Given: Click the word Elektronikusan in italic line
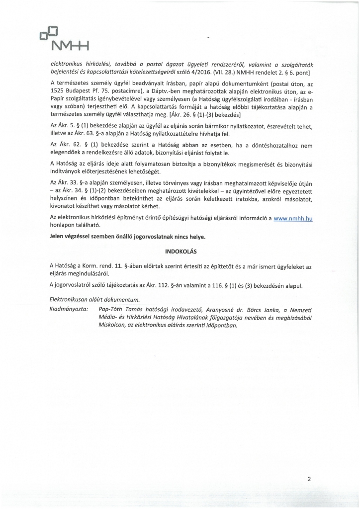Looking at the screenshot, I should pyautogui.click(x=73, y=300).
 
